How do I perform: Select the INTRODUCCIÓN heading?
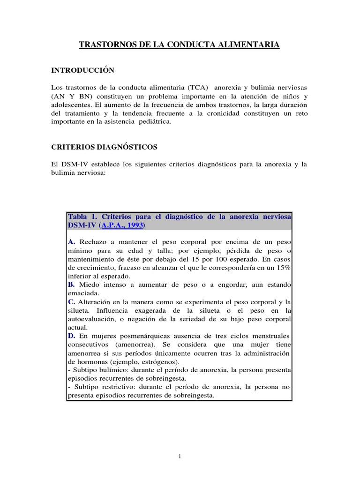[x=82, y=70]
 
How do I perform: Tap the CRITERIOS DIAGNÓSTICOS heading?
[x=104, y=147]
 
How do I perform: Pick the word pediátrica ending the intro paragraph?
[x=152, y=121]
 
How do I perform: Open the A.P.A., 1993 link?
[x=122, y=225]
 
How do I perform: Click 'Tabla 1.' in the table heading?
[x=82, y=217]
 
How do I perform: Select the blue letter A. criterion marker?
[x=72, y=242]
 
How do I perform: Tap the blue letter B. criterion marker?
[x=72, y=285]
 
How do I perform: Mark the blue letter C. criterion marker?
[x=72, y=301]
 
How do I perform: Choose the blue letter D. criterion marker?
[x=72, y=336]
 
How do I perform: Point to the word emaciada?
[x=82, y=293]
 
